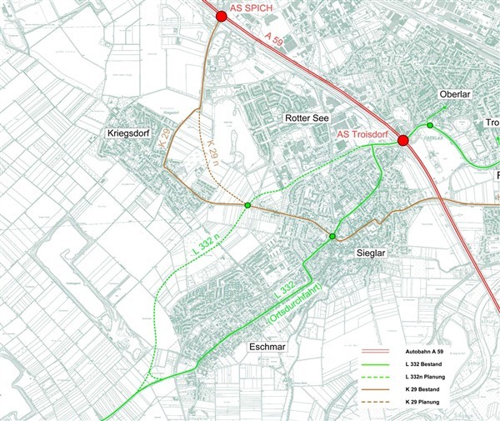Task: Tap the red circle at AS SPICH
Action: [x=221, y=16]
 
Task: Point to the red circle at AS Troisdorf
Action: [x=403, y=140]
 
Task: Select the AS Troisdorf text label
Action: [x=363, y=133]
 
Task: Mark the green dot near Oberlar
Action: [x=430, y=125]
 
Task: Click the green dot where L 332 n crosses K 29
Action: [x=247, y=204]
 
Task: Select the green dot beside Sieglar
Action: [x=332, y=238]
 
